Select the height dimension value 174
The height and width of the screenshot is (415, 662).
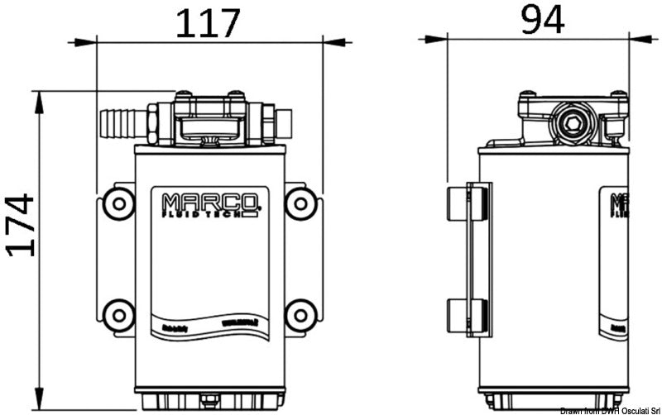(x=20, y=225)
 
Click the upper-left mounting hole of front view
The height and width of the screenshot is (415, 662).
(x=117, y=201)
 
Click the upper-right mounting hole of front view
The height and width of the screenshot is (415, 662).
(x=300, y=201)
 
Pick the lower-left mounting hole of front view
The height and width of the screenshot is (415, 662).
(x=117, y=314)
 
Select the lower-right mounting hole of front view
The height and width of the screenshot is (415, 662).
(x=300, y=314)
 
